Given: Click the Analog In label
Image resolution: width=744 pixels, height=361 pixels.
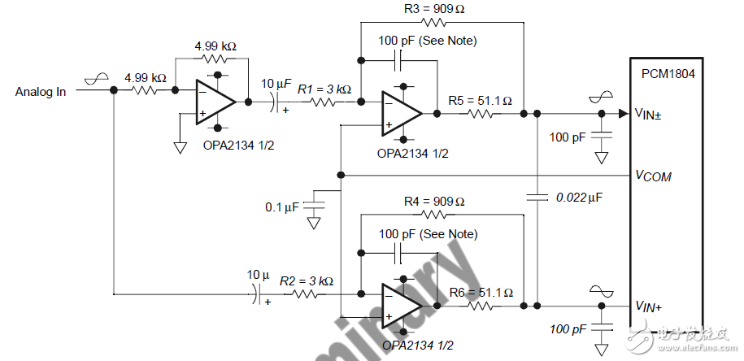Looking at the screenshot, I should coord(41,91).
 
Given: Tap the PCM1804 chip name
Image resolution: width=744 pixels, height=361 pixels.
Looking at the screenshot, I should coord(667,73).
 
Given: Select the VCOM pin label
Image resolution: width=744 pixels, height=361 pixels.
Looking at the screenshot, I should coord(653,176).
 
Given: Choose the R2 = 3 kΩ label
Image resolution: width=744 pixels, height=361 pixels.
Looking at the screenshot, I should coord(307,281).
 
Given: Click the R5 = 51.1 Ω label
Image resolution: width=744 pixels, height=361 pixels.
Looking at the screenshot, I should coord(481,101).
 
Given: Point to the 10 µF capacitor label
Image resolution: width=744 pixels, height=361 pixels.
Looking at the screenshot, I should coord(274,84).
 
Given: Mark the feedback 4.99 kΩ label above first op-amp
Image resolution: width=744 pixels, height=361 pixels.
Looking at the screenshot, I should coord(215,46).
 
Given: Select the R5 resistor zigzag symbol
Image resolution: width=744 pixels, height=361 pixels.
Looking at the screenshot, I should coord(480,114).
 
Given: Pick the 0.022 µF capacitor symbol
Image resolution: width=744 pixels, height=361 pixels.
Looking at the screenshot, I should coord(537,196).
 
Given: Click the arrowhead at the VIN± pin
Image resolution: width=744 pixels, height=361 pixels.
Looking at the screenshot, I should coord(623,114).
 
